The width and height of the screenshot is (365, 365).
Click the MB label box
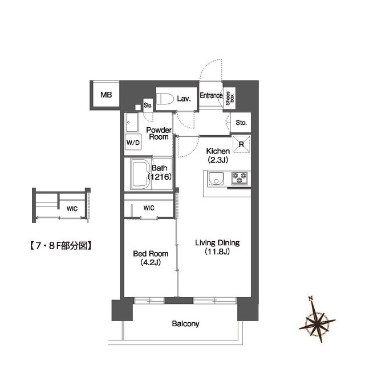pos(106,95)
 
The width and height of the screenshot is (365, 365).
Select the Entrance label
pos(210,96)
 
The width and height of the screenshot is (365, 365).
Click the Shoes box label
pos(229,99)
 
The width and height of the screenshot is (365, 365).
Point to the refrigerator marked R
pos(241,144)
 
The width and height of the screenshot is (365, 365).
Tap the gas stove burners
pos(240,179)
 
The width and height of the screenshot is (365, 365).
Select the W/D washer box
pos(133,143)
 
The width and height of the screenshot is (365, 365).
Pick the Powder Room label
pos(158,133)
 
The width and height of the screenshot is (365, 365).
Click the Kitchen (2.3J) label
pos(217,155)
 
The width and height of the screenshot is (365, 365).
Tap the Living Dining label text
pos(217,247)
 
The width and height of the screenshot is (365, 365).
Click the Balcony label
pos(185,324)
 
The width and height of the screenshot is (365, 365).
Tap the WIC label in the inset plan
pos(72,209)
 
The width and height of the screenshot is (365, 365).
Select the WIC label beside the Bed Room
pos(148,208)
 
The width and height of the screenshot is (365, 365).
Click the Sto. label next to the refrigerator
pos(241,122)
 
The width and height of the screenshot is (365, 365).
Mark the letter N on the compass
pos(310,298)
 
